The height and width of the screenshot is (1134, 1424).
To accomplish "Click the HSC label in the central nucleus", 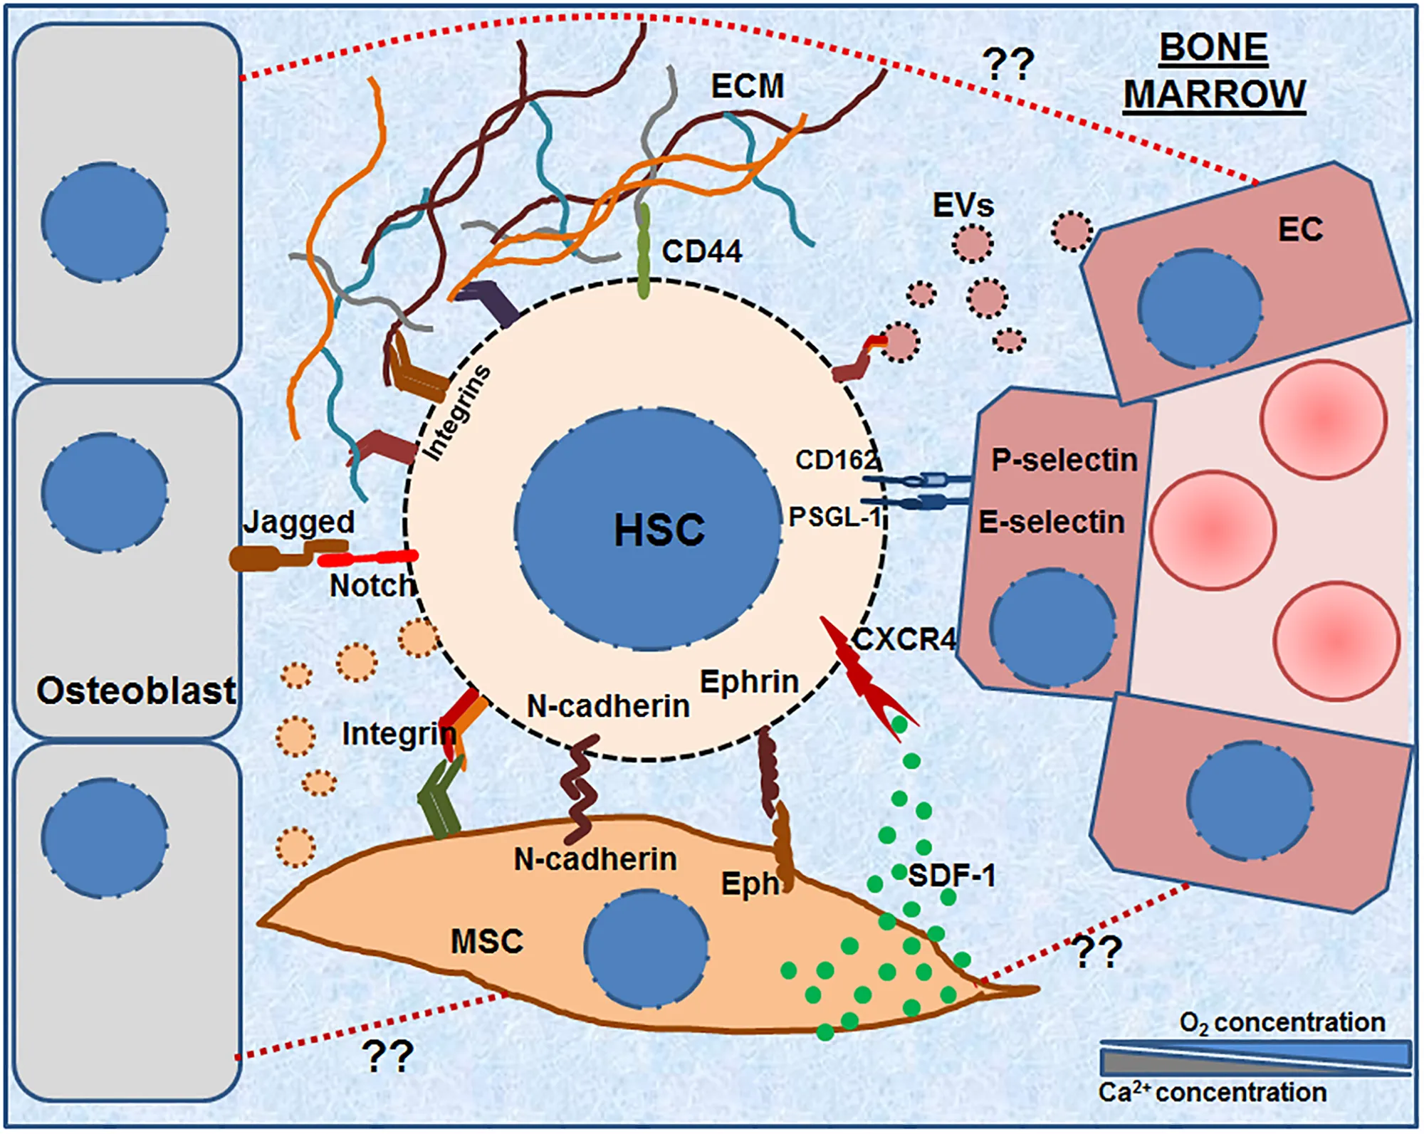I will tap(659, 530).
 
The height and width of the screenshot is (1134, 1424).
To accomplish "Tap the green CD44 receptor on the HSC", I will tap(644, 251).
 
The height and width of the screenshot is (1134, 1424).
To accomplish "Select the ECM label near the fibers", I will tap(748, 87).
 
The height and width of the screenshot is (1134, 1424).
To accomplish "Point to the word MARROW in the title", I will tap(1215, 95).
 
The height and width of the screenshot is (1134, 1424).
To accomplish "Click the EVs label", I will tap(963, 206).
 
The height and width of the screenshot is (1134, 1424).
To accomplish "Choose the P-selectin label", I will tap(1064, 461).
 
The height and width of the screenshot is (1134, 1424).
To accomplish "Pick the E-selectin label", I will tap(1052, 523).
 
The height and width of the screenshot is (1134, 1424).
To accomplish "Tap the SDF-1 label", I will tap(952, 875).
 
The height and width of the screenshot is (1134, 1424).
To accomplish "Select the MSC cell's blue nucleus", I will tap(646, 947).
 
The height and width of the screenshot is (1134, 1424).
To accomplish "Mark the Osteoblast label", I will tap(136, 691).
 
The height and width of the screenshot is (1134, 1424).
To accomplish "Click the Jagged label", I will tap(299, 523).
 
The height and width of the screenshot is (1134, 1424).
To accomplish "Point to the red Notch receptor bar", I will tap(367, 559).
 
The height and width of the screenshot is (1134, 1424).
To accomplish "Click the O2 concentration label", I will tap(1282, 1023).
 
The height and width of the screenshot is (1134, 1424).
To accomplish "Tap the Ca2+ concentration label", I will tap(1212, 1093).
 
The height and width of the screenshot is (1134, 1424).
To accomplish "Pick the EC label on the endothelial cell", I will tap(1300, 229).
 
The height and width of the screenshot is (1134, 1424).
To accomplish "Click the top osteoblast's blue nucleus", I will tap(105, 221).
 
